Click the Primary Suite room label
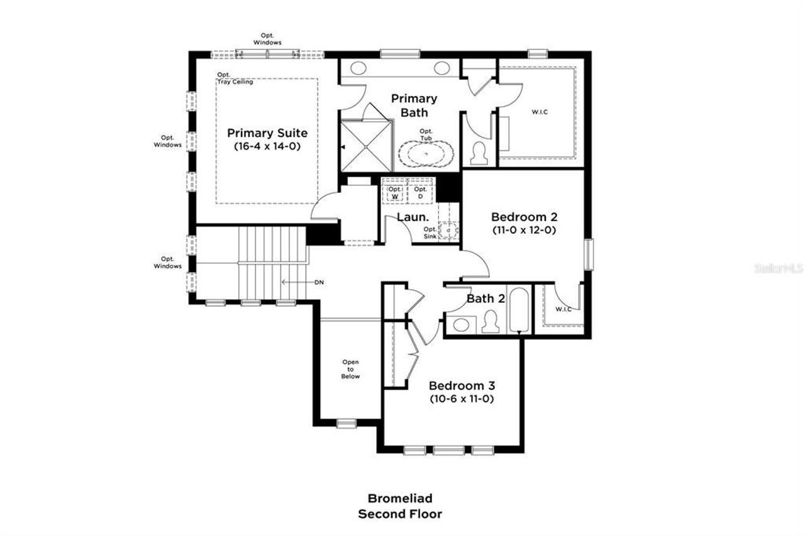pyautogui.click(x=267, y=133)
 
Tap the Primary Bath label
pyautogui.click(x=414, y=106)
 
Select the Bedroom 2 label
pyautogui.click(x=524, y=216)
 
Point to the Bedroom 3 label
pyautogui.click(x=462, y=386)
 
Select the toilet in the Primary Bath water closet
pyautogui.click(x=480, y=152)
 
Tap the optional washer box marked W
pyautogui.click(x=395, y=192)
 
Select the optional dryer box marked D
pyautogui.click(x=420, y=192)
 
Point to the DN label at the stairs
pyautogui.click(x=319, y=282)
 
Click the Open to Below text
pyautogui.click(x=350, y=369)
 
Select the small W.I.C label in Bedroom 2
pyautogui.click(x=563, y=309)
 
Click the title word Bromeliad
pyautogui.click(x=400, y=498)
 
